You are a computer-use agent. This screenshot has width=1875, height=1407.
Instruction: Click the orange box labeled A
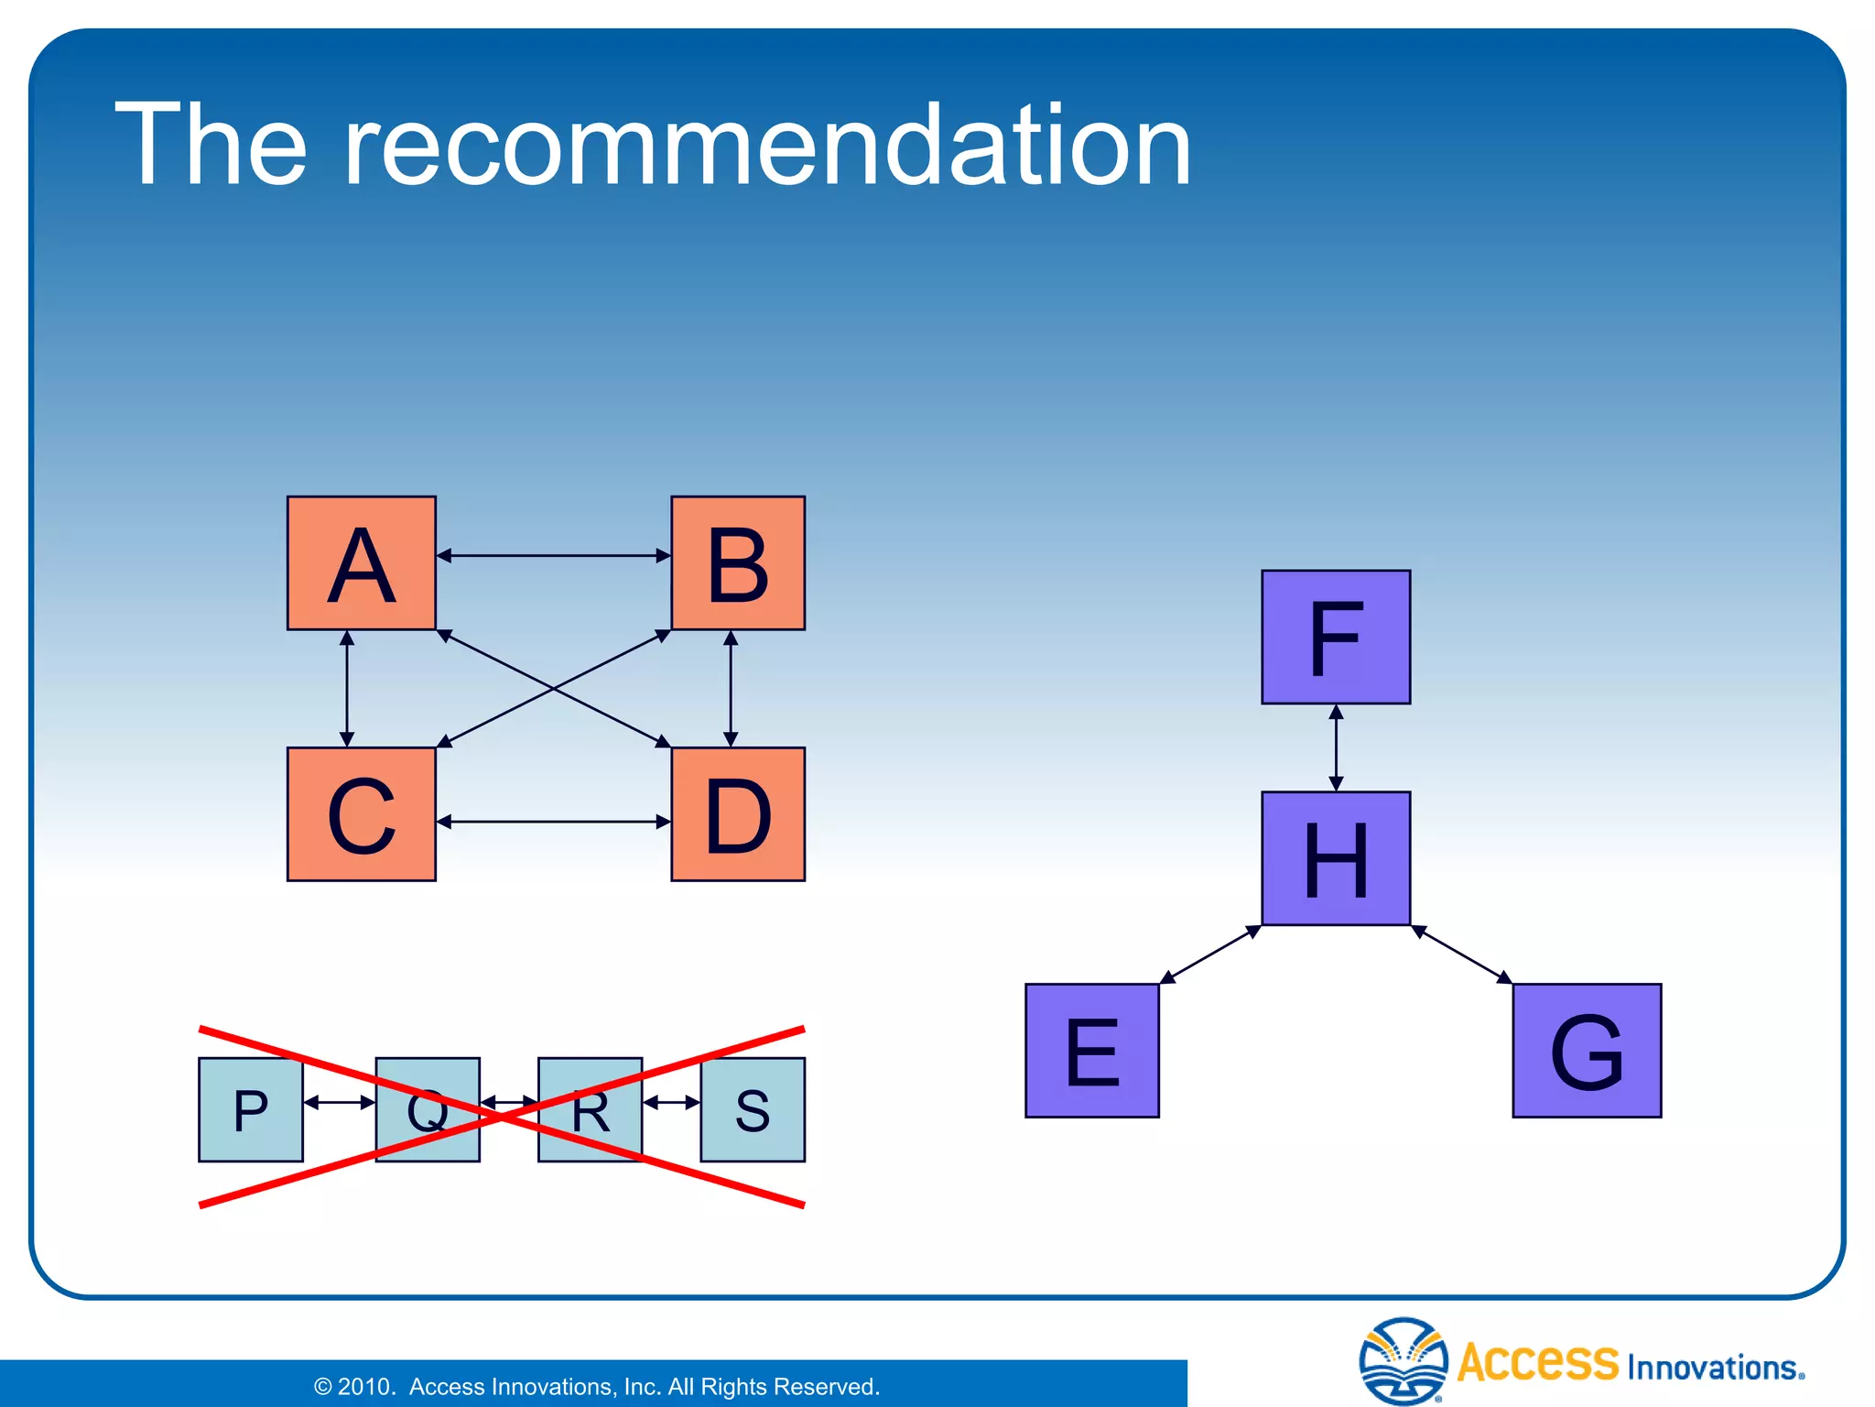361,562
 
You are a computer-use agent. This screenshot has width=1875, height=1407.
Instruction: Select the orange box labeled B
738,562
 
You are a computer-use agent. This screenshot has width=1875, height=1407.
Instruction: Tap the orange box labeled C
361,813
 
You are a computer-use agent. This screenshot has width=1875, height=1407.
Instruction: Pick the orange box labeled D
738,813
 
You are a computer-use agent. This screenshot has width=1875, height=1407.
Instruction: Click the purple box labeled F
1336,637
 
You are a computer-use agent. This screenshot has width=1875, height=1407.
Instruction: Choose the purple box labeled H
1336,858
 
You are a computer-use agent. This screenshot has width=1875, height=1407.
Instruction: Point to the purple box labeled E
1092,1051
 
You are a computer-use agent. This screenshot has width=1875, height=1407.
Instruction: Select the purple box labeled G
1587,1051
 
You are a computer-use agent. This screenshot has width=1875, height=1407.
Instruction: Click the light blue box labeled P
250,1109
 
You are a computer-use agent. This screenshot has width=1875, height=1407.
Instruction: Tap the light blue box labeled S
753,1109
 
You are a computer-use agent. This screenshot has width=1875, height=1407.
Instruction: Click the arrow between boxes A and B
553,555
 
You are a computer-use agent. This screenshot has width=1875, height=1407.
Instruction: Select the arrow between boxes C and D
553,822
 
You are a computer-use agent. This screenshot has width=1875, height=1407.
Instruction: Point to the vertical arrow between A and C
347,689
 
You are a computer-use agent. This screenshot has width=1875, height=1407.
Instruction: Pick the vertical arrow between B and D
731,689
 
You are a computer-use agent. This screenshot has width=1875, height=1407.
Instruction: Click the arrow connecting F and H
1336,747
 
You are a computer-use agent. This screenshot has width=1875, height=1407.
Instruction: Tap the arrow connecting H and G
1462,954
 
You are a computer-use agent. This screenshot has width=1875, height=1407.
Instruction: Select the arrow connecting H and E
1210,954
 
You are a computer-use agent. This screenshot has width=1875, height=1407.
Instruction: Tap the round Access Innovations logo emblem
1404,1360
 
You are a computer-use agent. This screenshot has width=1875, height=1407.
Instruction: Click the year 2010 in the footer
364,1387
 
